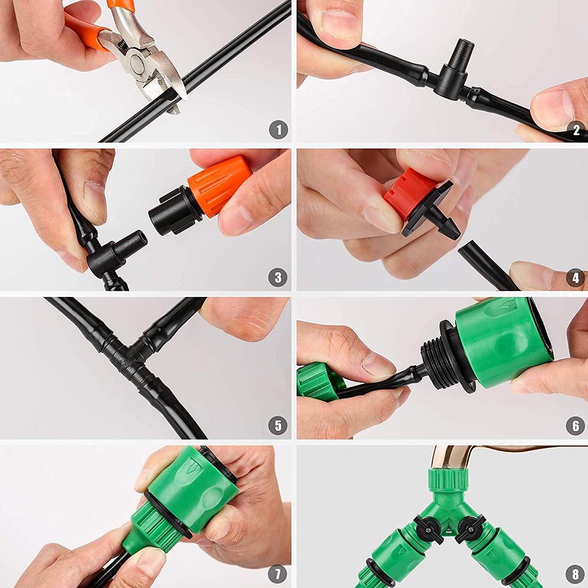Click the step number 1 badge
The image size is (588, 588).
coord(279,130)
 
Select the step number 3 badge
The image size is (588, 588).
coord(279,278)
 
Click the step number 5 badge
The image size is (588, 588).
coord(279,425)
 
